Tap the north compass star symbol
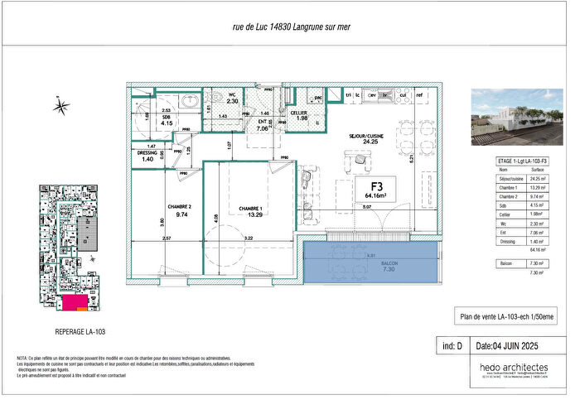pyautogui.click(x=61, y=106)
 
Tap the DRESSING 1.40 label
pyautogui.click(x=147, y=155)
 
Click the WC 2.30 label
pyautogui.click(x=233, y=99)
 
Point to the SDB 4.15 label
pyautogui.click(x=167, y=121)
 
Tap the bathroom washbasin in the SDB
pyautogui.click(x=191, y=101)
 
